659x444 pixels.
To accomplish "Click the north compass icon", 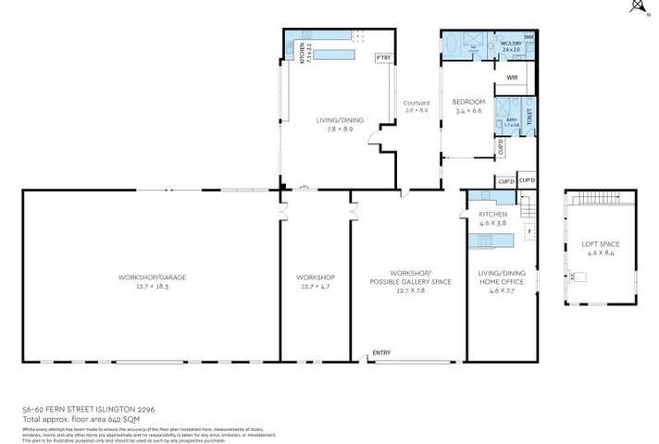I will pyautogui.click(x=636, y=7).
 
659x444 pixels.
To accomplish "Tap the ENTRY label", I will pyautogui.click(x=380, y=351).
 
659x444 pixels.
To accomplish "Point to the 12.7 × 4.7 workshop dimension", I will pyautogui.click(x=315, y=287).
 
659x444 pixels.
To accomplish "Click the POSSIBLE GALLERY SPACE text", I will pyautogui.click(x=410, y=281).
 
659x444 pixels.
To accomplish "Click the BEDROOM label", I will pyautogui.click(x=469, y=101).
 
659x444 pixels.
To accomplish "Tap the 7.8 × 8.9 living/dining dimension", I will pyautogui.click(x=325, y=129).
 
